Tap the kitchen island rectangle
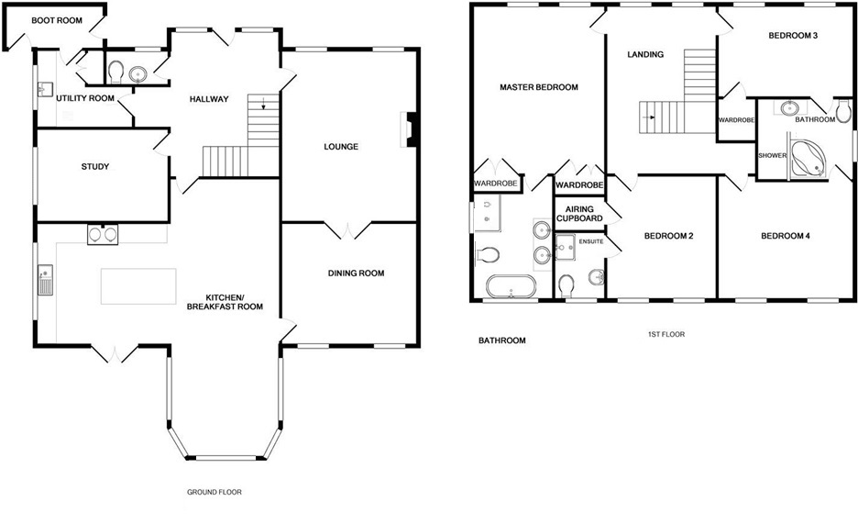coord(138,286)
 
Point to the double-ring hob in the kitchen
coord(102,235)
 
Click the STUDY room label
coord(94,167)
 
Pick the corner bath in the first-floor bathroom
coord(809,158)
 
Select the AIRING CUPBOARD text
coord(578,214)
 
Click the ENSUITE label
coord(590,241)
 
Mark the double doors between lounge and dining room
coord(349,229)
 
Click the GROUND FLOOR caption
coord(214,492)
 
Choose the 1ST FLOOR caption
coord(666,335)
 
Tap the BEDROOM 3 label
coord(793,36)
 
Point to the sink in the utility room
coord(44,90)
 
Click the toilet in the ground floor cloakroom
coord(115,72)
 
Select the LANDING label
coord(645,55)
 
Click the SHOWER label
coord(772,155)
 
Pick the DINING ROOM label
coord(356,273)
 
